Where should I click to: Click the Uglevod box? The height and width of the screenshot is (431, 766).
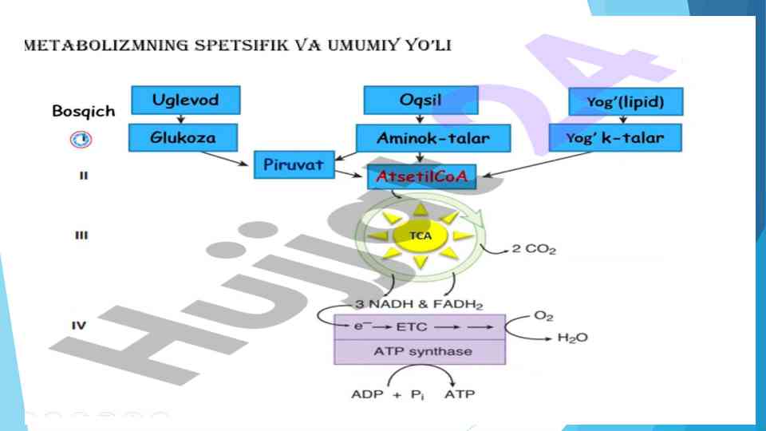185,101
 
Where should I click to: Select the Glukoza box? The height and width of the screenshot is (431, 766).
183,137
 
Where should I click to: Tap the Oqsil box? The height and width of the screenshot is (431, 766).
421,101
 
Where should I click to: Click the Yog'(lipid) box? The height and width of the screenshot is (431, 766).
626,101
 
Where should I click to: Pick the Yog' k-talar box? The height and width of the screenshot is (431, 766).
614,138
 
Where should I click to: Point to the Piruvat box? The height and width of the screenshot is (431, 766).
293,165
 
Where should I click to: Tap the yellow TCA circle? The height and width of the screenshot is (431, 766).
420,235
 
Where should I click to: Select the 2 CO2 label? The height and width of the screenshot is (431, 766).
534,250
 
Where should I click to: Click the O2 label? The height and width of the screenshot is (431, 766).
543,316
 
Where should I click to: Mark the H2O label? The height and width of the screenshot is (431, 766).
572,338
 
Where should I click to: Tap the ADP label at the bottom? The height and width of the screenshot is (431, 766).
366,394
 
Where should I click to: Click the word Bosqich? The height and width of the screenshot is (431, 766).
83,111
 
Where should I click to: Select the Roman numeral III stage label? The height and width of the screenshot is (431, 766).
81,236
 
